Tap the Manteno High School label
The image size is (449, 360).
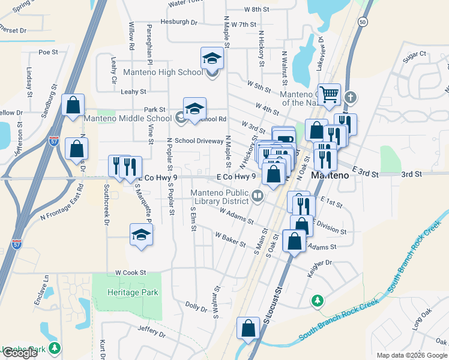[x=163, y=73]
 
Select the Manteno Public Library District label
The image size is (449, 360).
[x=220, y=197]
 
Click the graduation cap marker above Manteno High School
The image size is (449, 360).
[x=211, y=58]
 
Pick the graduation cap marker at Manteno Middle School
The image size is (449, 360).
[x=194, y=109]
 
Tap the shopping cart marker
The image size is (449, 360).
[x=328, y=94]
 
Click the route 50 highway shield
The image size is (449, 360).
[x=363, y=21]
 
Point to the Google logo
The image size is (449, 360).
[x=20, y=353]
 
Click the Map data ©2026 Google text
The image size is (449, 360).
[x=411, y=355]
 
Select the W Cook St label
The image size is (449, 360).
[x=131, y=272]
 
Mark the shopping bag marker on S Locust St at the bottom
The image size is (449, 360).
[x=248, y=328]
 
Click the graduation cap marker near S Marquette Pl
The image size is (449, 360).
[x=141, y=235]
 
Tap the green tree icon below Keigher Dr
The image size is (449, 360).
[x=318, y=300]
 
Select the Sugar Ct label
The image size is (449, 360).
[x=414, y=54]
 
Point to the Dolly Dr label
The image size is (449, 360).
[x=196, y=305]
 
